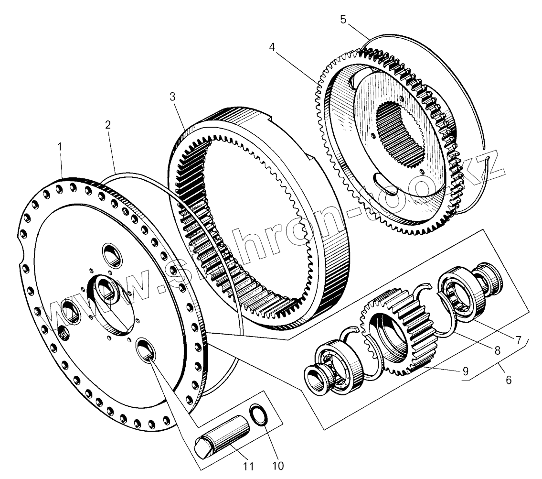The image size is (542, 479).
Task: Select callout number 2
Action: coord(108,125)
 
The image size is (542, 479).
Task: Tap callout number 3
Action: coord(172,97)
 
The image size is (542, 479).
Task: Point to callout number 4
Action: coord(272,47)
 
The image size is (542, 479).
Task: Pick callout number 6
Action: coord(509,380)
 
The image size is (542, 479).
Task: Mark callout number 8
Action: coord(497,350)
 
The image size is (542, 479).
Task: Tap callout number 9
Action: coord(465,370)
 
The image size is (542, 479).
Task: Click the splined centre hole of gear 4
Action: coord(398,133)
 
